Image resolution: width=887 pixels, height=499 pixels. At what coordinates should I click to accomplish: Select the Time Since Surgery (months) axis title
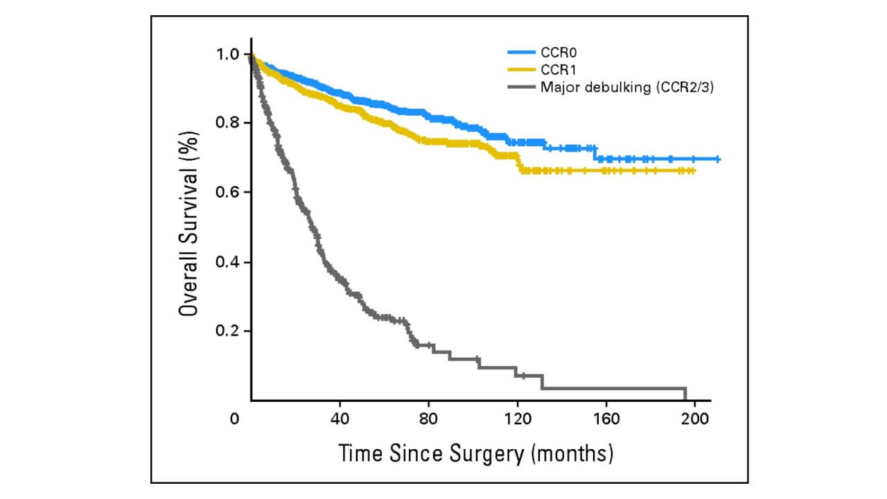pyautogui.click(x=476, y=454)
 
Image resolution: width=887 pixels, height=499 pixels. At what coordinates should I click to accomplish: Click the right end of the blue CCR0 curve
pyautogui.click(x=718, y=159)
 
